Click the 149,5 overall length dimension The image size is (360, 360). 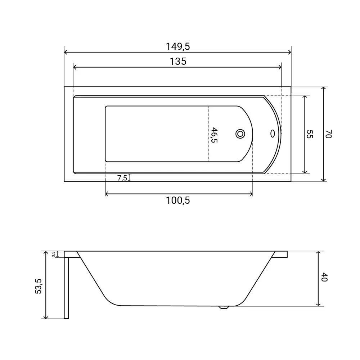pyautogui.click(x=178, y=46)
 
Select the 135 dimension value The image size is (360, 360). pyautogui.click(x=178, y=62)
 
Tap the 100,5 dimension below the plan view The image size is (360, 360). pyautogui.click(x=178, y=201)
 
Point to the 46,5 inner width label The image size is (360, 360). pyautogui.click(x=214, y=135)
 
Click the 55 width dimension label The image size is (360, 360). pyautogui.click(x=310, y=134)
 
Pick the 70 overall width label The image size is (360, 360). pyautogui.click(x=329, y=134)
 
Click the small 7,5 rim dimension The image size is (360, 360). pyautogui.click(x=122, y=178)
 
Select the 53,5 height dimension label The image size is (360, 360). pyautogui.click(x=39, y=286)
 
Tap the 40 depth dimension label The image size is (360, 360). pyautogui.click(x=324, y=277)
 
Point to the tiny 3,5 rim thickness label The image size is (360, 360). pyautogui.click(x=53, y=254)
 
